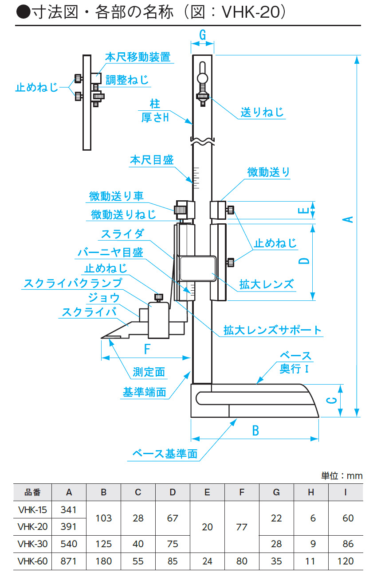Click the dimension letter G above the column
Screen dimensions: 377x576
click(x=203, y=35)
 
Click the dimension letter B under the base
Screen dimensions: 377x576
click(x=255, y=431)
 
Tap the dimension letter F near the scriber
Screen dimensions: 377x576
click(x=147, y=349)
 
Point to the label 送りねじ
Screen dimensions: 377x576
click(x=262, y=113)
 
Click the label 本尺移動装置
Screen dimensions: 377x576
click(x=138, y=57)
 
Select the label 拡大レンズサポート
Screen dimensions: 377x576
click(x=272, y=330)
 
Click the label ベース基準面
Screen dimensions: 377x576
click(x=165, y=454)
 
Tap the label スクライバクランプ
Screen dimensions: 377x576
click(x=73, y=283)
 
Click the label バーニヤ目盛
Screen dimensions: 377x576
click(x=110, y=253)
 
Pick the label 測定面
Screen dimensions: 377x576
click(x=149, y=372)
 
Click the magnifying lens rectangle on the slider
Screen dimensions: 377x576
click(x=198, y=269)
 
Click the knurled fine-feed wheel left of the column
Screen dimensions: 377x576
click(x=180, y=210)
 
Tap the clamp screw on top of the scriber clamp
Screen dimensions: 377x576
click(x=158, y=297)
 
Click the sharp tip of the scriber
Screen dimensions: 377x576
click(x=101, y=338)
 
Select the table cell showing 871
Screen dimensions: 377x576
click(x=69, y=561)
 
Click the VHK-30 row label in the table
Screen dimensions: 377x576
click(x=32, y=544)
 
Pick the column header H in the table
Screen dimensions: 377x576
click(x=311, y=492)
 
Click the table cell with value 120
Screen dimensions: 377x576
click(x=346, y=561)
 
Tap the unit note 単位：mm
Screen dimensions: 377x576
click(x=342, y=476)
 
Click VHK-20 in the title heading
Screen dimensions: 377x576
click(x=251, y=12)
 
